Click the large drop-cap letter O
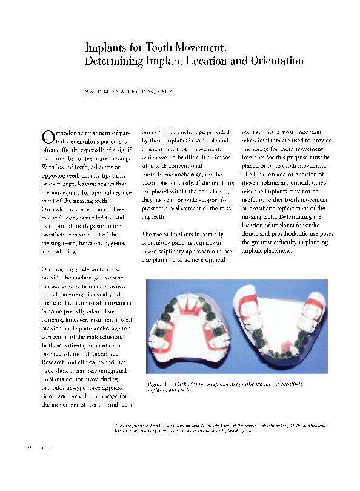point(47,138)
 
